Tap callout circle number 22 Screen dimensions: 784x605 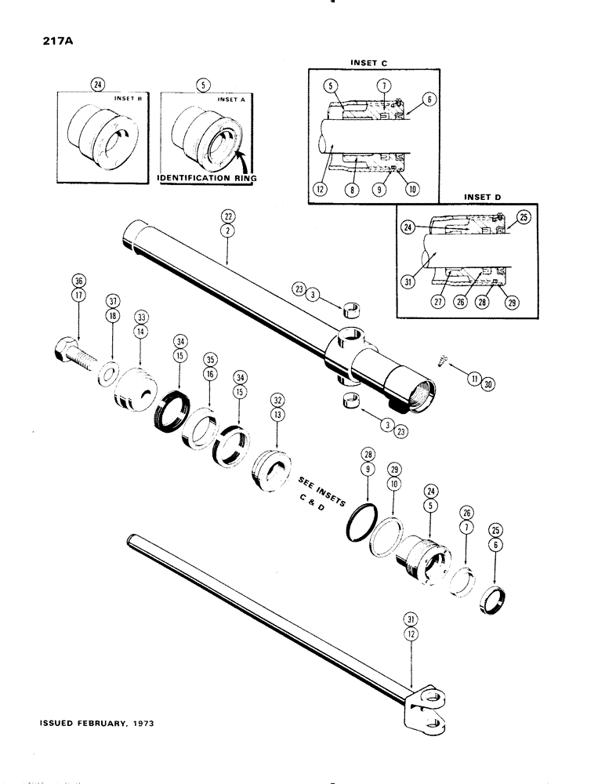pyautogui.click(x=226, y=216)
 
